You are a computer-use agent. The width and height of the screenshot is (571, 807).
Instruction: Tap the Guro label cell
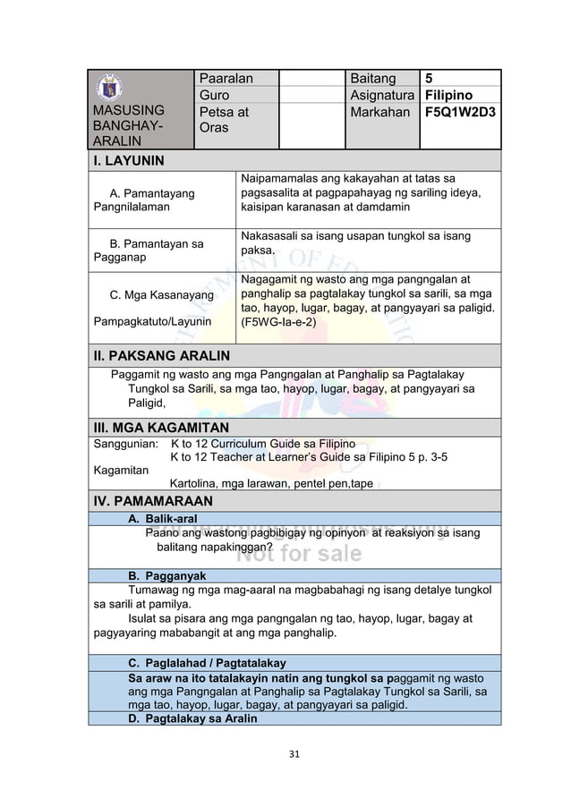pos(214,96)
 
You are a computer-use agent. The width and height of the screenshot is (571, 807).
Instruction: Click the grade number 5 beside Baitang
pos(430,79)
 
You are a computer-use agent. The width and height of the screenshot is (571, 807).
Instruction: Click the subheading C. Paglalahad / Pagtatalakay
pos(207,663)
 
